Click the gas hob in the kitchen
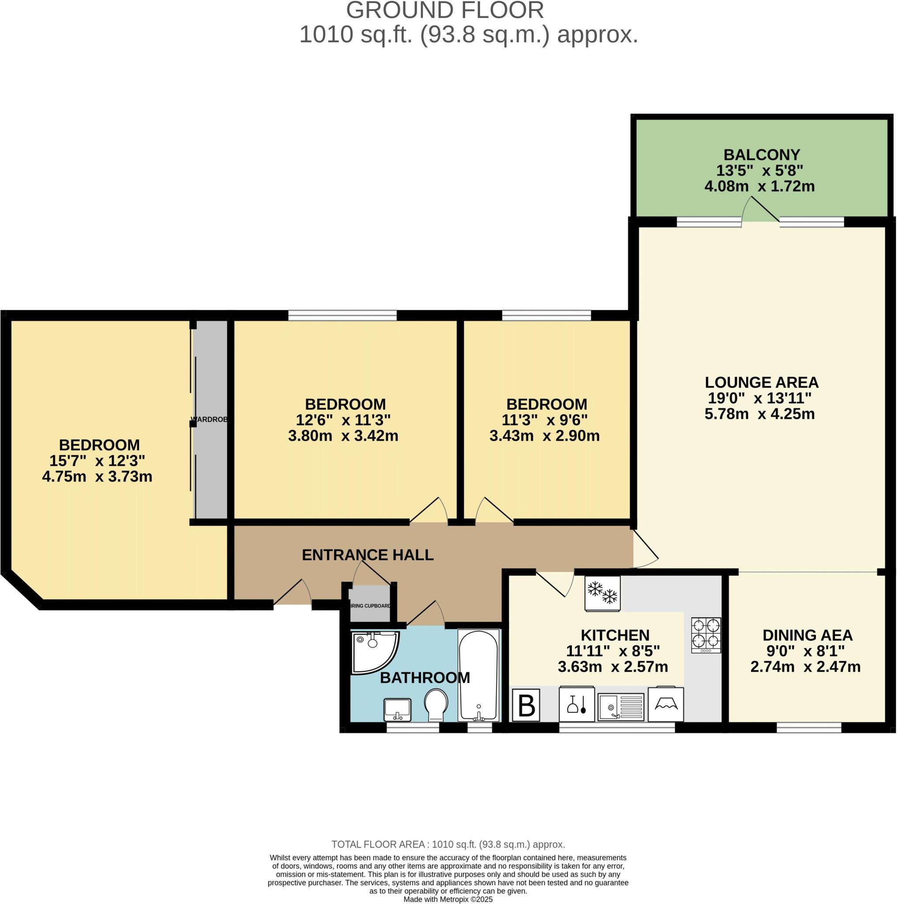click(706, 635)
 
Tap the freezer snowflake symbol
click(602, 593)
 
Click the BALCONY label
click(762, 154)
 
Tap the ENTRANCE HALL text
click(368, 555)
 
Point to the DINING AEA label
click(807, 635)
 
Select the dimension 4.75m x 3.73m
click(97, 477)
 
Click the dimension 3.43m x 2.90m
click(545, 436)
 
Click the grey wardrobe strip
click(210, 419)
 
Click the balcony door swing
click(760, 209)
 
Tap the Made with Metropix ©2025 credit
click(448, 899)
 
